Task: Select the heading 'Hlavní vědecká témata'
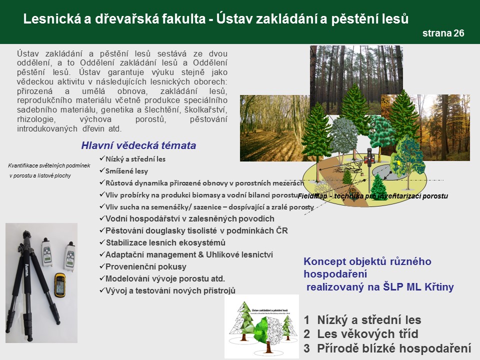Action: [138, 146]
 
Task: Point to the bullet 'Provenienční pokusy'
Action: [145, 266]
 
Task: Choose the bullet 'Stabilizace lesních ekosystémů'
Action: [165, 242]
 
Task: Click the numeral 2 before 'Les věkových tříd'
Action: [307, 334]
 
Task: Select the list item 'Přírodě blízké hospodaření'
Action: [395, 348]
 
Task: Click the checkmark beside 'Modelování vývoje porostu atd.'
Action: [102, 278]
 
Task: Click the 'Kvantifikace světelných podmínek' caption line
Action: [49, 165]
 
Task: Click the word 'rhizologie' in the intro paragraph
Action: [35, 119]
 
